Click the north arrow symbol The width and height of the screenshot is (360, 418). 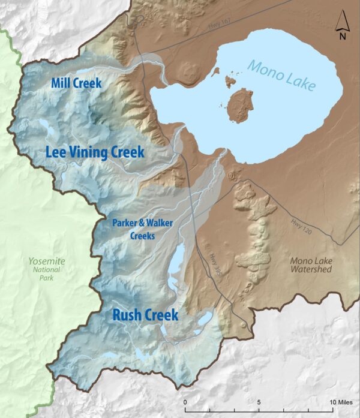342,22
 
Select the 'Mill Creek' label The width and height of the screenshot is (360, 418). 76,83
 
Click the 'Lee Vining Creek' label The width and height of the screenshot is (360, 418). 95,152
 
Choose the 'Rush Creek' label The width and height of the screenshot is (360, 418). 145,315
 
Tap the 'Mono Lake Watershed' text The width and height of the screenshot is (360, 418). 311,265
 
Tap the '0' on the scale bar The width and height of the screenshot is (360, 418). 185,401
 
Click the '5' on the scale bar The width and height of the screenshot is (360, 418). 259,401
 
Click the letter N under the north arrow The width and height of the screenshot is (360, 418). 342,35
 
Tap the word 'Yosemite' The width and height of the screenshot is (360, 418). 46,261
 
